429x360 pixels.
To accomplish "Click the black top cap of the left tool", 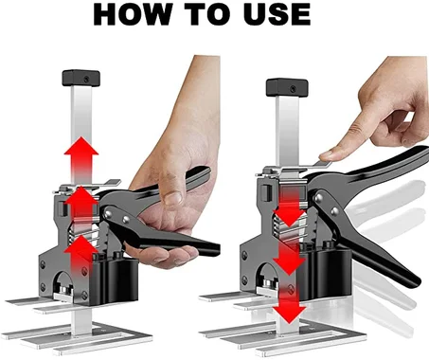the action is click(x=81, y=78).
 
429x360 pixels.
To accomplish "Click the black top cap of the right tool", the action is click(x=287, y=87).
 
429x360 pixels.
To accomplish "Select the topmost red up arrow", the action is click(x=81, y=153).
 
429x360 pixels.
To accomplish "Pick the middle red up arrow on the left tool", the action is click(x=81, y=202).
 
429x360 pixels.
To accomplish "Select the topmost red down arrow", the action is click(x=290, y=207).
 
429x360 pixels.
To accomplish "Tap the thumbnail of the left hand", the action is click(x=173, y=198).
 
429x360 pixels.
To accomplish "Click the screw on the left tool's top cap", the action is click(x=86, y=80).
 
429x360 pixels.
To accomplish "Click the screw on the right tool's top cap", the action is click(x=294, y=89).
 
